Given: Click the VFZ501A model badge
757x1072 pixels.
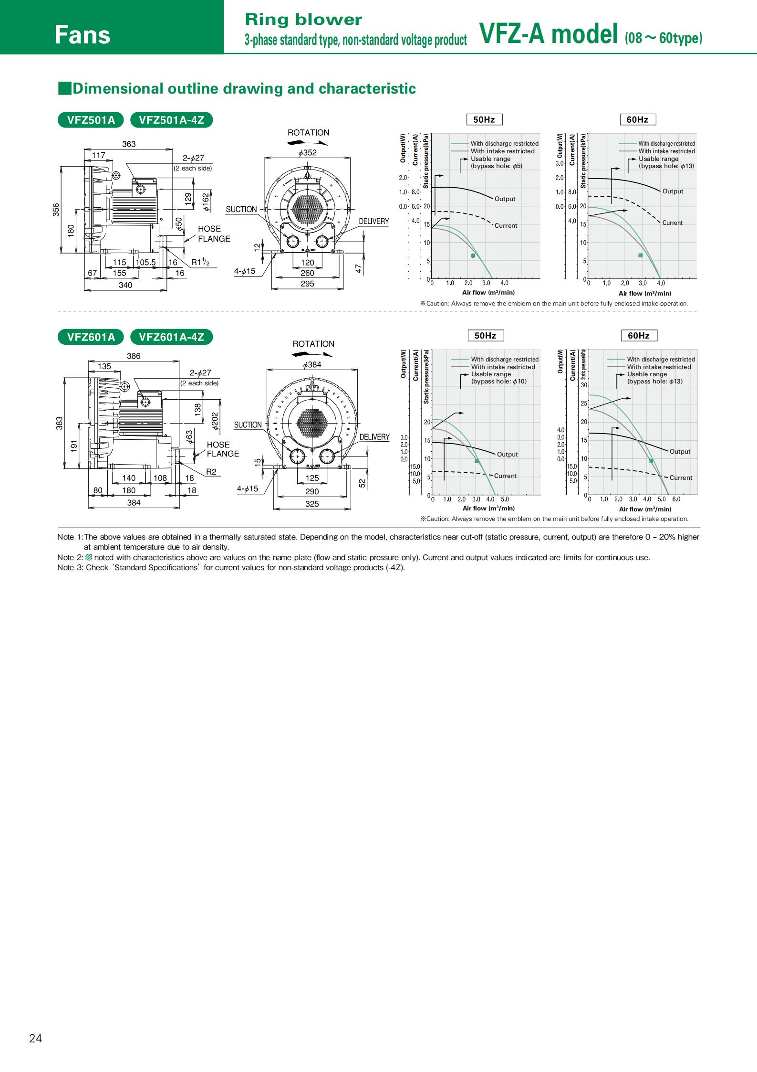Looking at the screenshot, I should tap(91, 120).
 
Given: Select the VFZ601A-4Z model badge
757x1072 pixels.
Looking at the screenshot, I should tap(171, 337).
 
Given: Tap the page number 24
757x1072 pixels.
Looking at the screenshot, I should tap(35, 1038).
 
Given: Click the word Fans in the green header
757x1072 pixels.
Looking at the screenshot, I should tap(82, 35).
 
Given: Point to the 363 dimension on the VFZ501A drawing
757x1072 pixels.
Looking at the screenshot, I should tap(129, 144).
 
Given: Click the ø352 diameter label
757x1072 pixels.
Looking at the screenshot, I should tap(307, 153).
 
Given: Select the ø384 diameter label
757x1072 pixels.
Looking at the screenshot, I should tap(312, 365).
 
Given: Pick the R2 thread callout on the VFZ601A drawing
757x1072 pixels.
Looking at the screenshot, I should tap(211, 472).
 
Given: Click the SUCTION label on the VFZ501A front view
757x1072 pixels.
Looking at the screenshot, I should tap(241, 209).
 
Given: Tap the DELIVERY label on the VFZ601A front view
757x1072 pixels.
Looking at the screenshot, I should tap(374, 437).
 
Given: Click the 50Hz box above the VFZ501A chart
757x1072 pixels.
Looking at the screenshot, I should tap(484, 119).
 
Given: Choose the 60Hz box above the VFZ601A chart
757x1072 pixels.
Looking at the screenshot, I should tap(639, 336).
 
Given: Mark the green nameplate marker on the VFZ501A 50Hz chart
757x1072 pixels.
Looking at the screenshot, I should tap(473, 255).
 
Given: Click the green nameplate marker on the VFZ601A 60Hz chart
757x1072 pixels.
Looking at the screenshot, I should tap(651, 461).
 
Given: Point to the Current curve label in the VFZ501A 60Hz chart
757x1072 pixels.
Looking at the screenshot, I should tap(672, 223).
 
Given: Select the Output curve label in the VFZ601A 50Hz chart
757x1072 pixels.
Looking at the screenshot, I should tap(507, 455).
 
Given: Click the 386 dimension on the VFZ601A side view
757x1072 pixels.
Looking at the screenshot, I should tap(134, 356).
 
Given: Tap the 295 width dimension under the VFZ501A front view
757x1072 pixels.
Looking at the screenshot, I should tap(308, 284).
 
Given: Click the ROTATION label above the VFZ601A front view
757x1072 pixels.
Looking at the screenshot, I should tap(313, 344).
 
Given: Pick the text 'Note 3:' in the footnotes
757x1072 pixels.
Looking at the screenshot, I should tap(70, 567).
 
